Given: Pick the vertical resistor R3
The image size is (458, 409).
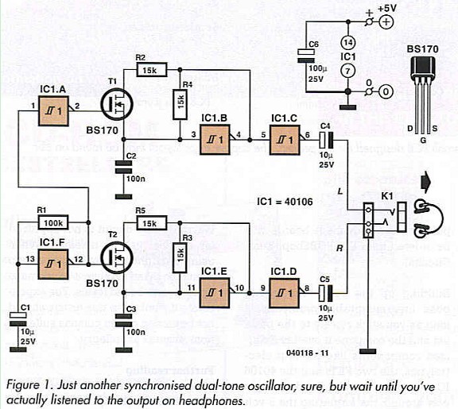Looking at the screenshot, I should point(182,253).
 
